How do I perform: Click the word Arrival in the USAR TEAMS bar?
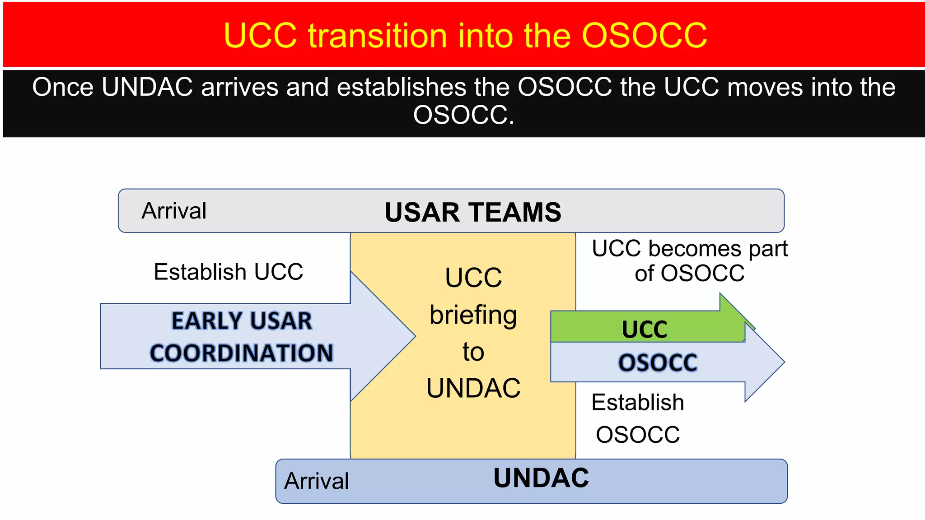tap(174, 211)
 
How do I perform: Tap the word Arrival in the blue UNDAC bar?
tap(317, 481)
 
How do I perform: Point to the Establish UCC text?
tap(228, 272)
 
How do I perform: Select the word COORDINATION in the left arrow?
tap(242, 353)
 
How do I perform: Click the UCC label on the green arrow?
tap(645, 329)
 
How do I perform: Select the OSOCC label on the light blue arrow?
tap(658, 362)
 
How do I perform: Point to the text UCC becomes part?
tap(689, 249)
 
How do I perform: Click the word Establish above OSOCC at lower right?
tap(638, 402)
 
